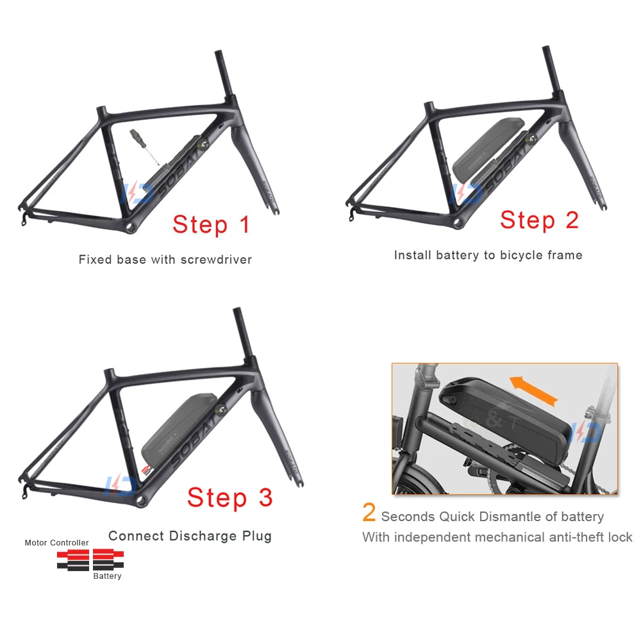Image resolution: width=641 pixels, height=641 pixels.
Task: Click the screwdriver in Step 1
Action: [x=142, y=146]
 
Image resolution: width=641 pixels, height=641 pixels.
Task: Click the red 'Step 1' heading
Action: [x=211, y=224]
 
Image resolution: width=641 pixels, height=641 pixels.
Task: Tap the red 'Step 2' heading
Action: [x=539, y=220]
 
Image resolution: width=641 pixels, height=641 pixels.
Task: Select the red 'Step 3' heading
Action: [x=229, y=497]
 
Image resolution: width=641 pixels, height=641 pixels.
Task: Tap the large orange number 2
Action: [x=369, y=513]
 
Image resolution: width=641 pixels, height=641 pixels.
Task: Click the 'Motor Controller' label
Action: [x=56, y=543]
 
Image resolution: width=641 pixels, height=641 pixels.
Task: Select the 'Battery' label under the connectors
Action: [x=107, y=576]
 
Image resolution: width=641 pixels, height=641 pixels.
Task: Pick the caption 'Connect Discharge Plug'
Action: [x=190, y=536]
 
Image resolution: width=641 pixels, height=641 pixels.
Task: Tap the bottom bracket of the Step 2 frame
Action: [x=457, y=222]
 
